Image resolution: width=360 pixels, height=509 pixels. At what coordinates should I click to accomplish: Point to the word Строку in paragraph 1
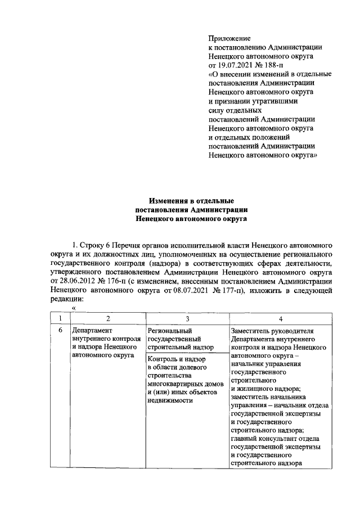[97, 246]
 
